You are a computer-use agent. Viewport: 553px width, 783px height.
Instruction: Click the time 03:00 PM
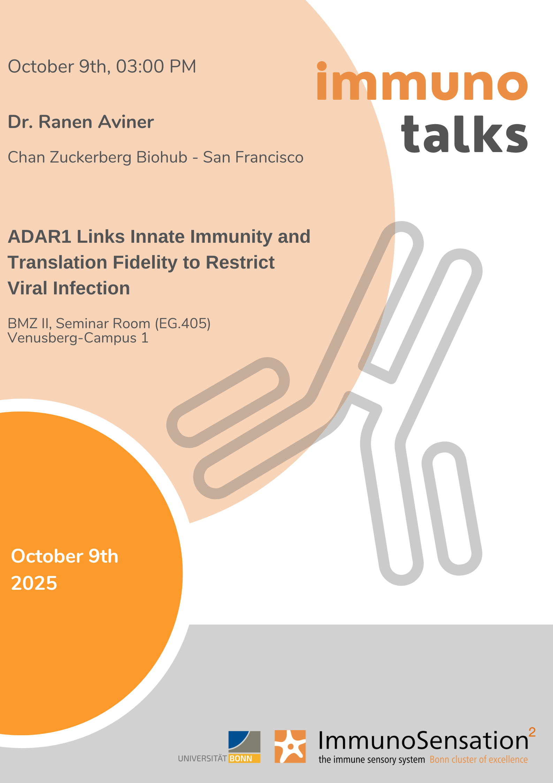coord(156,66)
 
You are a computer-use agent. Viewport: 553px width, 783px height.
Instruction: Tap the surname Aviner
coord(126,122)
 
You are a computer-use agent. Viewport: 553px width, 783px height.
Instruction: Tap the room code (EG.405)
coord(183,324)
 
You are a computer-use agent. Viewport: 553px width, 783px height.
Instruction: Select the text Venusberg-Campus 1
coord(78,338)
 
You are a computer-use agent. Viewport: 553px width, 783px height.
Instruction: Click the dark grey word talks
coord(464,134)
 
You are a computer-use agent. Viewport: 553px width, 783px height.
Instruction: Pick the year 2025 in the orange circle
coord(34,583)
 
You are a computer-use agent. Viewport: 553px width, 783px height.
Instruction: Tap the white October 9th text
coord(65,556)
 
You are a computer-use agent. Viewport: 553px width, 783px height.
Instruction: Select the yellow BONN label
coord(245,759)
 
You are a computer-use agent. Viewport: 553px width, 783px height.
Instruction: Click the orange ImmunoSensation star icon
coord(290,746)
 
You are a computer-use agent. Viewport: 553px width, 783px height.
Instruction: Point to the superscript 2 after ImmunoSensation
coord(532,732)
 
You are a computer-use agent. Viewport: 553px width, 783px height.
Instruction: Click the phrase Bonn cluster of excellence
coord(479,760)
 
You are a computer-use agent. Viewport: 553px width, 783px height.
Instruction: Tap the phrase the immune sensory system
coord(372,760)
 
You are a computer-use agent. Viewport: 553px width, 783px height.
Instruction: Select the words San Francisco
coord(253,157)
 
